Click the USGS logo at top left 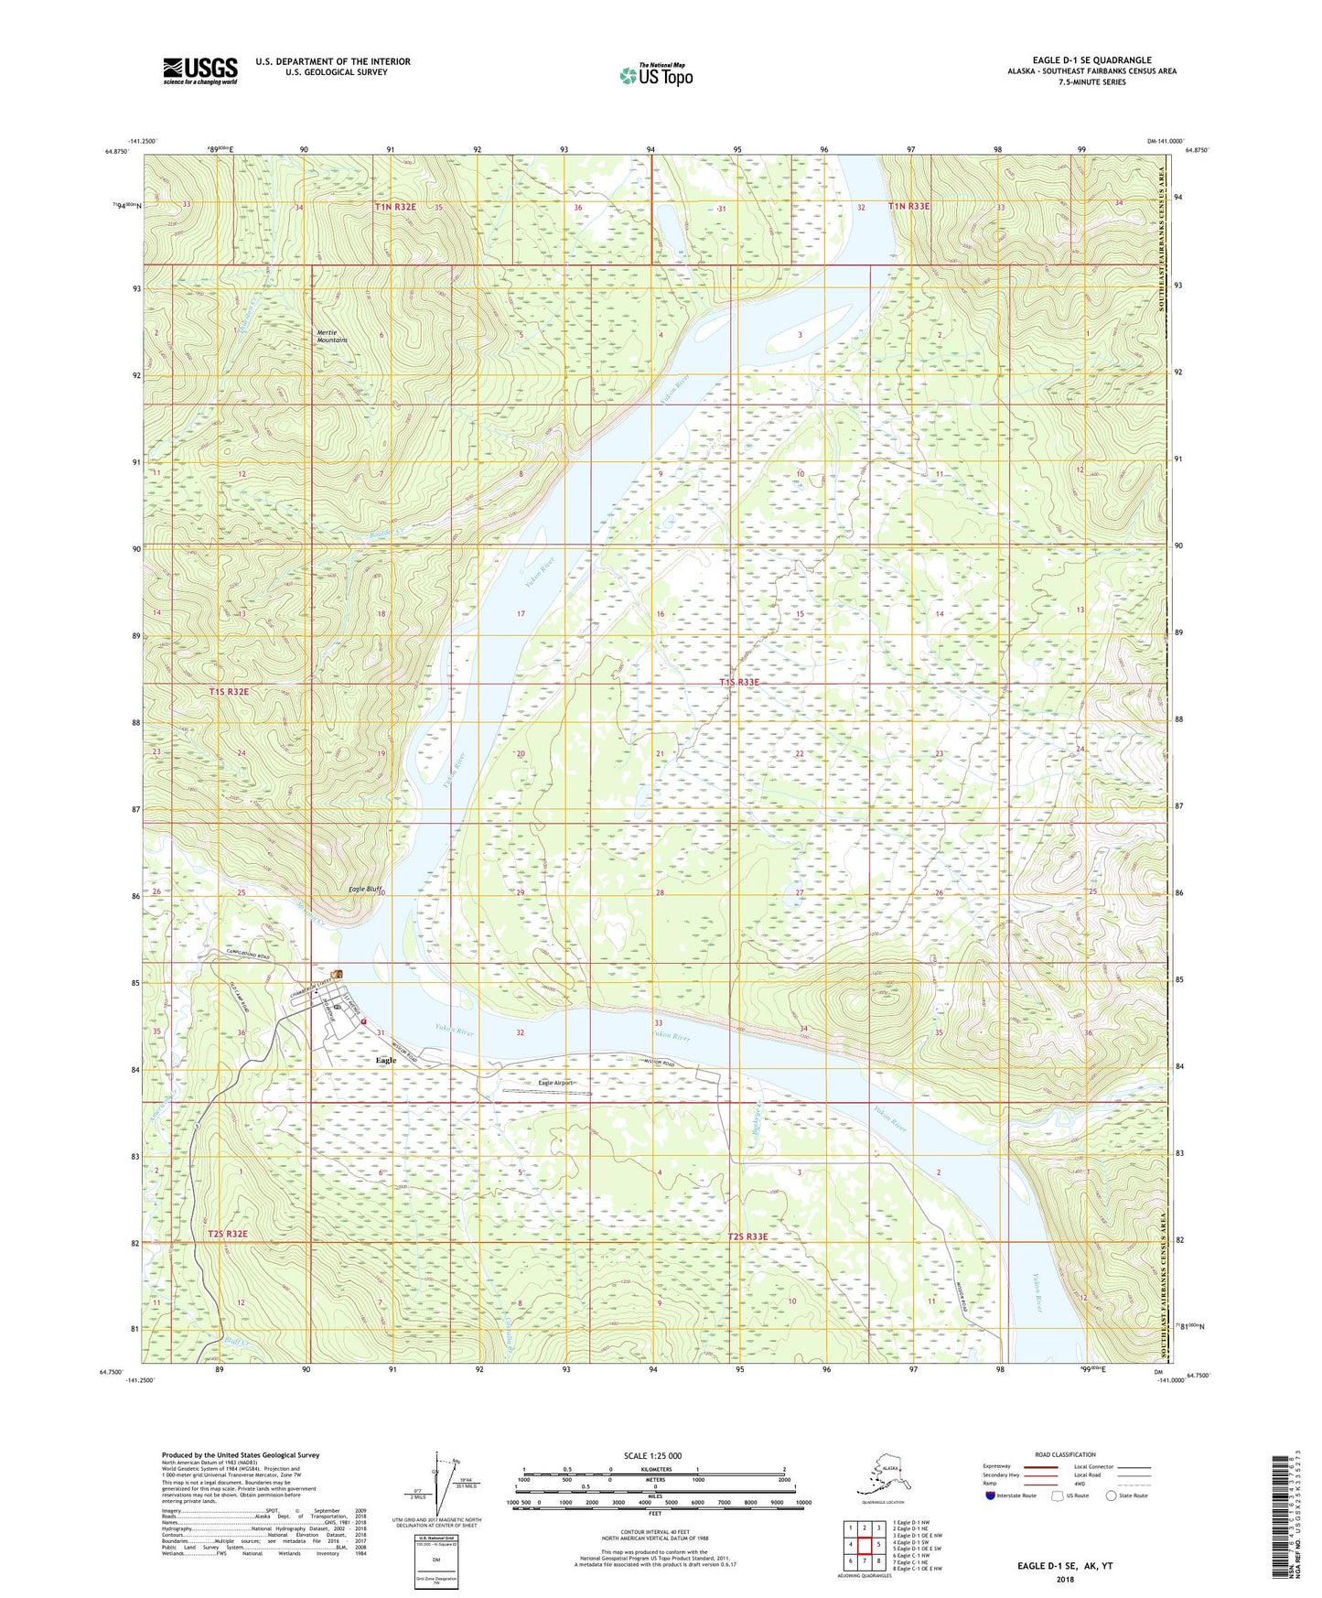pos(199,70)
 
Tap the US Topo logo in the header pos(655,75)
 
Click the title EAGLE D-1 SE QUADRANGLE pos(1091,60)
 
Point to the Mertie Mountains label pos(332,336)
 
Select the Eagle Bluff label pos(364,889)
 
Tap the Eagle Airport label pos(555,1083)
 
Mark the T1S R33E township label pos(739,682)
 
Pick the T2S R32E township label pos(228,1234)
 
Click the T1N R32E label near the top pos(395,207)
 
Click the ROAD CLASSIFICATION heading pos(1065,1454)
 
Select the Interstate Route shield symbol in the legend pos(991,1495)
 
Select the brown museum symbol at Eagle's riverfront pos(338,974)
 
